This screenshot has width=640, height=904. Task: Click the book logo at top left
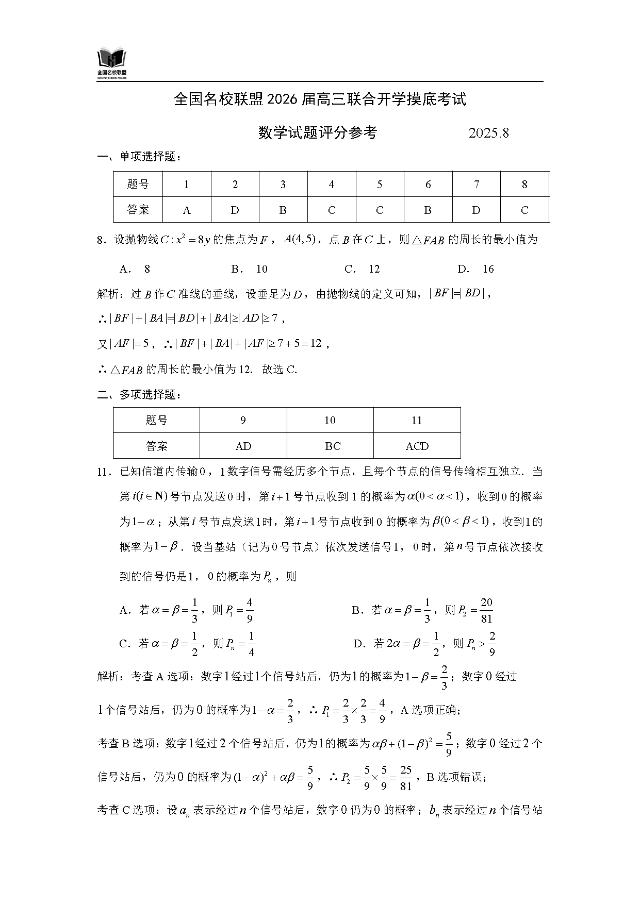point(112,63)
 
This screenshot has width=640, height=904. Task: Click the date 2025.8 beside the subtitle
point(488,133)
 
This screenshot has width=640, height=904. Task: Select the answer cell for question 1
point(187,210)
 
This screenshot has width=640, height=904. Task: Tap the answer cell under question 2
point(235,210)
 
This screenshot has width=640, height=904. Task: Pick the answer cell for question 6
point(428,210)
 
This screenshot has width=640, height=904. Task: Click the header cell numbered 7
point(476,185)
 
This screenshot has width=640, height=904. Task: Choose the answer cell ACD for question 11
point(417,446)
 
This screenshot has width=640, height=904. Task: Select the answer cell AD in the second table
point(243,446)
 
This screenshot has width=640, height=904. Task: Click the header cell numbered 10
point(330,421)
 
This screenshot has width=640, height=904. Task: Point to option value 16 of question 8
point(488,269)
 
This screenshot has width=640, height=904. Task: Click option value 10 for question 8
point(261,269)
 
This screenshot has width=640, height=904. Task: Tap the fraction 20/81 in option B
point(486,611)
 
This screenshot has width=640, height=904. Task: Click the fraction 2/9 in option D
point(492,644)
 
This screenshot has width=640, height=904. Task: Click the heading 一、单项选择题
point(140,157)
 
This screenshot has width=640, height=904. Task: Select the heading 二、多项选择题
point(140,395)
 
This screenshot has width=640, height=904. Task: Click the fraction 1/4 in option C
point(251,644)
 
